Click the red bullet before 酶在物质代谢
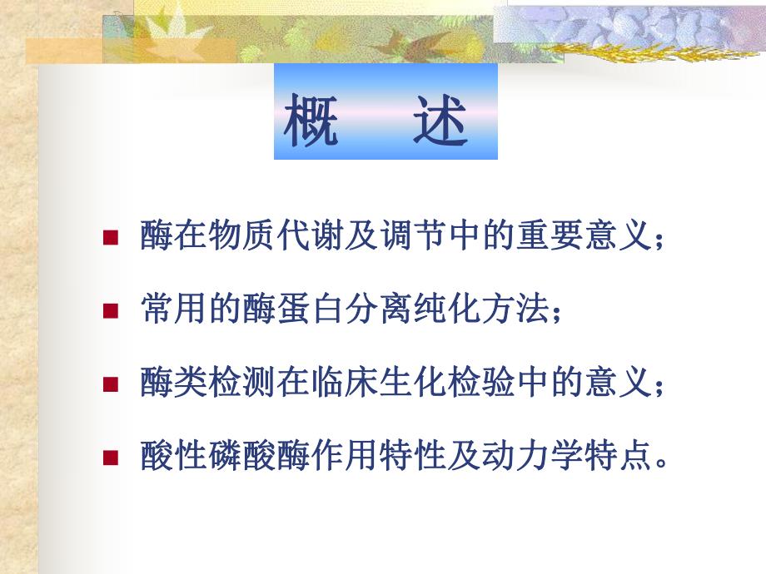point(109,237)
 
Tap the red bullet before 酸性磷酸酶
point(109,457)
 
